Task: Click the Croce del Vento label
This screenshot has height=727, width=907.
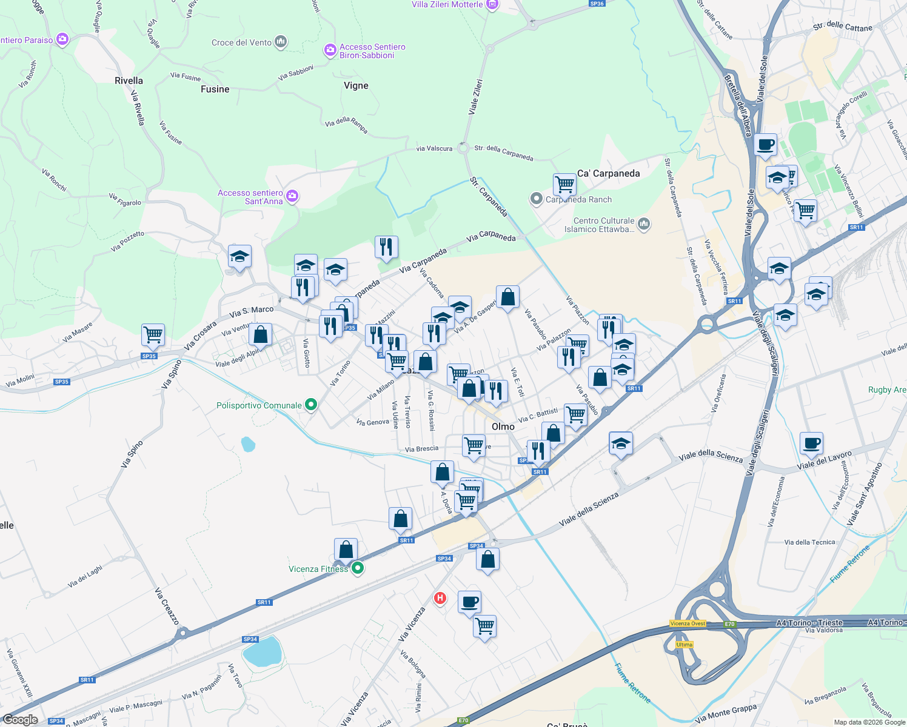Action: [241, 42]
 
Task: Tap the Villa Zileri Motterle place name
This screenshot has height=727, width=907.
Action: [447, 4]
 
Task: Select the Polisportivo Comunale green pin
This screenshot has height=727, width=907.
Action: [311, 405]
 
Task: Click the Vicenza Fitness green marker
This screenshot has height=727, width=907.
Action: [358, 568]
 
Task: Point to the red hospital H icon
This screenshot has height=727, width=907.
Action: [440, 599]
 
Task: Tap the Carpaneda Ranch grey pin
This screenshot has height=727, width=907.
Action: [536, 199]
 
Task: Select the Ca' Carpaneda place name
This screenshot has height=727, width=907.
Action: [608, 173]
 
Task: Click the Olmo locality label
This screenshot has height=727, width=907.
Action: [503, 427]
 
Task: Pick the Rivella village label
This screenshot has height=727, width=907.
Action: [129, 81]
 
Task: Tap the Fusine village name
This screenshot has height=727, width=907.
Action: [215, 89]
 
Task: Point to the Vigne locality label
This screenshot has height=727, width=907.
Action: [356, 85]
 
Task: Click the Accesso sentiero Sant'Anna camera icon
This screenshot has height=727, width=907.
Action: [292, 196]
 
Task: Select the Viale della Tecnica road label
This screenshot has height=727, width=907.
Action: [809, 542]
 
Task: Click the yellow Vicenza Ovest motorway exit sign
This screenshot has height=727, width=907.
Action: [688, 623]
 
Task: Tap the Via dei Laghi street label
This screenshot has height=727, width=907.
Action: [85, 576]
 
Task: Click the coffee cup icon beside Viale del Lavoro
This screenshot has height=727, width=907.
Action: [811, 443]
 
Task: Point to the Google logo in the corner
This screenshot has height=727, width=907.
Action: [20, 720]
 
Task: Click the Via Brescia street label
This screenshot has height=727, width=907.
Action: [421, 449]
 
